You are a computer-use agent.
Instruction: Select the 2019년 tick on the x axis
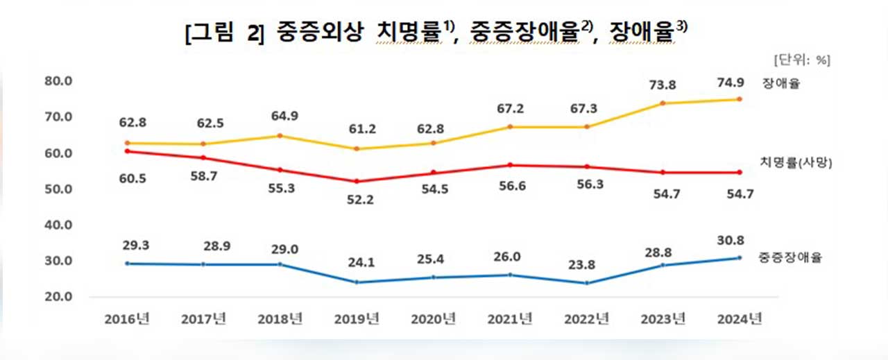coord(358,320)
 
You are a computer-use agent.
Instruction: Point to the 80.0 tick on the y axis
coord(58,81)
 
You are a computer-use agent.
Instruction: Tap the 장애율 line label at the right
coord(782,84)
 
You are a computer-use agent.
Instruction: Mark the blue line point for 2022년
coord(587,283)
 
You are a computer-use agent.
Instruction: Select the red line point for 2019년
coord(357,182)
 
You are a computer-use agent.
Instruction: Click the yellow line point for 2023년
coord(664,103)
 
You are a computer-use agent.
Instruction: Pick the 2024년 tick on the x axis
coord(740,320)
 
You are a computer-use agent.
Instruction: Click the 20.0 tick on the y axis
coord(58,297)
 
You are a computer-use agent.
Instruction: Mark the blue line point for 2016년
coord(126,264)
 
